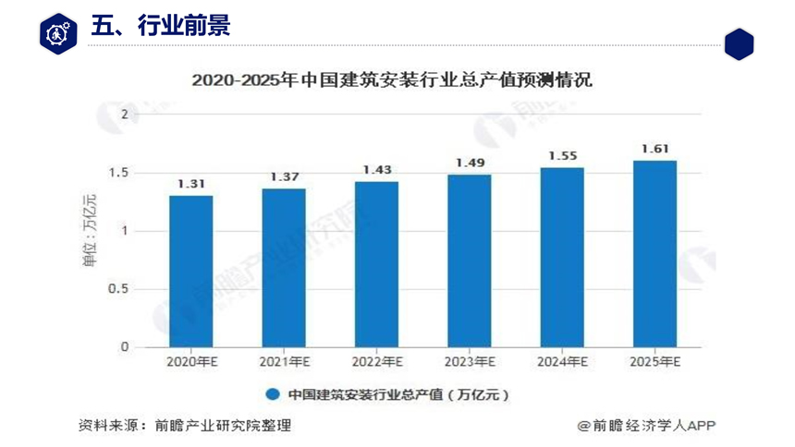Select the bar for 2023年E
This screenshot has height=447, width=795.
point(469,260)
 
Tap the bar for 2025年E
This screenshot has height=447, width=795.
point(654,254)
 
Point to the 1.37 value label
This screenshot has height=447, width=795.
point(284,176)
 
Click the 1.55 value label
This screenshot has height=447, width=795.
point(562,156)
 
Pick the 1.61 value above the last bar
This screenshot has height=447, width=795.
point(654,149)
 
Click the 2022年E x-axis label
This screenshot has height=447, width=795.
point(376,362)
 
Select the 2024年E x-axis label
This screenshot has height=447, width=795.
point(562,362)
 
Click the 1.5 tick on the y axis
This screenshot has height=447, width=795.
point(117,173)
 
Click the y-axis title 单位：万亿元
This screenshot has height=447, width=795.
point(90,231)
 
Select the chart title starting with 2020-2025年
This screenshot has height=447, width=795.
point(392,80)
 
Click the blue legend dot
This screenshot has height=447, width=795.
point(273,394)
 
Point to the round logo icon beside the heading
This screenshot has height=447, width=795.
point(56,34)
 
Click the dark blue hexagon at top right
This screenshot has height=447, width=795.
point(739,44)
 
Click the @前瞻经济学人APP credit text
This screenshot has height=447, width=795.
point(646,426)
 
